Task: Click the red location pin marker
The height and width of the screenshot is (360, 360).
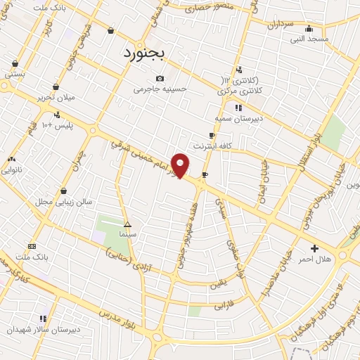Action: click(181, 166)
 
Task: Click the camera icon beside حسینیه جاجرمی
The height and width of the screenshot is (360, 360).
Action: click(160, 78)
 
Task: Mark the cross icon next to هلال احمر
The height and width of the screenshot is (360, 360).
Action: click(314, 248)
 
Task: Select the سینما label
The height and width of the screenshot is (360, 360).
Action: click(127, 233)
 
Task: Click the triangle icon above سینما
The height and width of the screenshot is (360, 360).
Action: click(127, 224)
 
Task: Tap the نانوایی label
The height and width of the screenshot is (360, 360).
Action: click(12, 169)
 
